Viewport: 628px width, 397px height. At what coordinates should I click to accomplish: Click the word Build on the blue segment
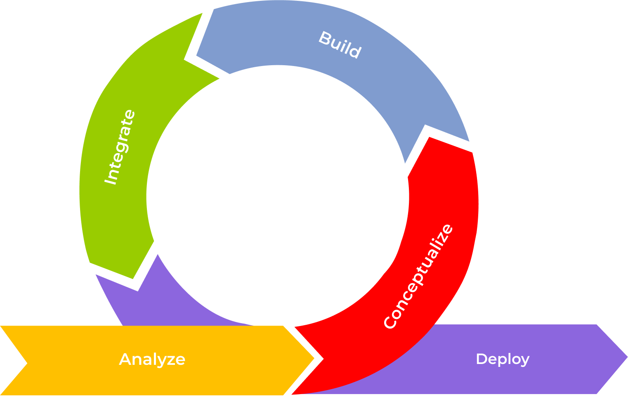pos(340,44)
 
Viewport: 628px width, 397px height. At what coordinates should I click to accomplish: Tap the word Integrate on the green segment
pos(119,147)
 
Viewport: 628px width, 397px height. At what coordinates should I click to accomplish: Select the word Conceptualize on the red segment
pos(418,276)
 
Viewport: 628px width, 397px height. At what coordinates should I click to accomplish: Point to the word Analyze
pos(152,359)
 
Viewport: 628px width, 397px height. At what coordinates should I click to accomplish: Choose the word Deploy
pos(502,359)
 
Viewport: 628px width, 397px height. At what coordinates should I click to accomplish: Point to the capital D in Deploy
pos(482,359)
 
